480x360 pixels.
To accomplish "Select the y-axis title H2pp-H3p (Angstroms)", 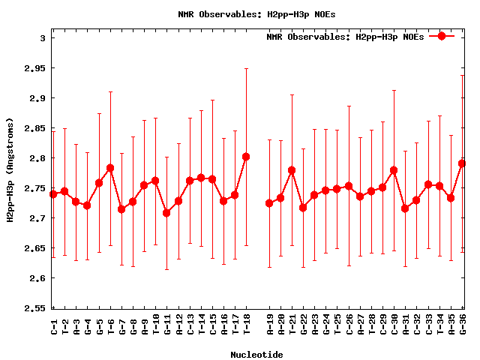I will point(10,169).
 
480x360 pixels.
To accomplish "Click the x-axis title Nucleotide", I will point(257,355).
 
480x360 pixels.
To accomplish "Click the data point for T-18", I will point(246,157).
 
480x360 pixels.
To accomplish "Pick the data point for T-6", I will point(110,168).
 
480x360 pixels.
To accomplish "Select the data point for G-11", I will point(166,213).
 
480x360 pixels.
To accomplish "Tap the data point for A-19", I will point(269,203).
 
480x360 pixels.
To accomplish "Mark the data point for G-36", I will point(462,163).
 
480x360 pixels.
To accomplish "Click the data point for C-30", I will point(394,170).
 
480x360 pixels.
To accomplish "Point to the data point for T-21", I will point(292,170).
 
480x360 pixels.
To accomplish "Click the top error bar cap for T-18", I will point(246,69).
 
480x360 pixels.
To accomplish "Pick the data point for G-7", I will point(121,209).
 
